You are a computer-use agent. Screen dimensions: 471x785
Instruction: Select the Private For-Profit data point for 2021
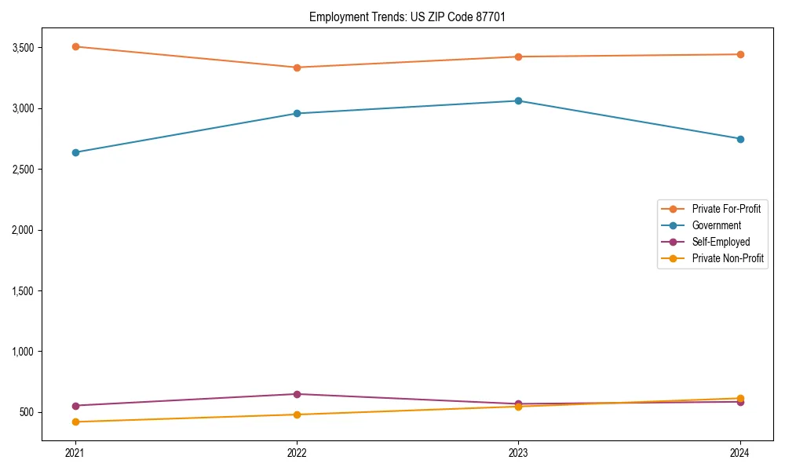(75, 46)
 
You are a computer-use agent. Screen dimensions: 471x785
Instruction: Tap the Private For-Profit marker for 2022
(297, 68)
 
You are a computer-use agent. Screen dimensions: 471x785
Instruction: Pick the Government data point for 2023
(518, 100)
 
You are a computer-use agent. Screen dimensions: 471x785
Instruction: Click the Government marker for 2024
(740, 139)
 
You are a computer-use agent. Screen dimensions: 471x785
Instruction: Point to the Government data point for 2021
(75, 152)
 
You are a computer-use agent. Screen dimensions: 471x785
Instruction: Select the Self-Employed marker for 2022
(297, 394)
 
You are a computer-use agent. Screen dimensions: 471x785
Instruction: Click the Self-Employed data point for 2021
(75, 406)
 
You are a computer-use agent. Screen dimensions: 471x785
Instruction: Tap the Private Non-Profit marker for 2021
(75, 422)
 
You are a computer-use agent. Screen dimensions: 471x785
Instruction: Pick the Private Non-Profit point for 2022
(297, 414)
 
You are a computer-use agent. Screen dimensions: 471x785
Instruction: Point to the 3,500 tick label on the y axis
(24, 48)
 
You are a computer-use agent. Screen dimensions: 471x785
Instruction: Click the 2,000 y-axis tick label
(24, 230)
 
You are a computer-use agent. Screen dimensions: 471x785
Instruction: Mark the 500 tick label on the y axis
(28, 412)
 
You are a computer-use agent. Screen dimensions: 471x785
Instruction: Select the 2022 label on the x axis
(297, 453)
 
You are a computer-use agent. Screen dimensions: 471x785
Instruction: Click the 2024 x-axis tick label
(740, 453)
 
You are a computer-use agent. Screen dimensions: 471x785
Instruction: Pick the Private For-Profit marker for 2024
(740, 54)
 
